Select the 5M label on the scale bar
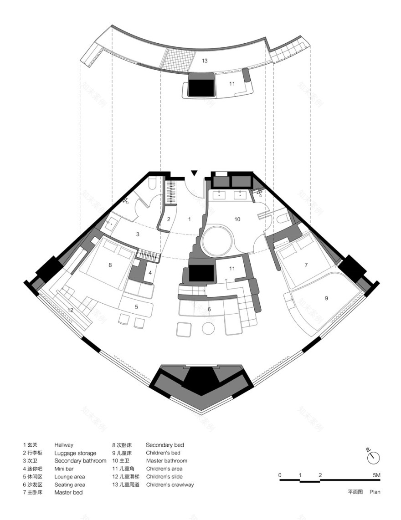click(x=376, y=475)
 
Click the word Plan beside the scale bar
click(x=375, y=492)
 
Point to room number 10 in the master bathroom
click(x=237, y=219)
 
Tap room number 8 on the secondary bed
click(x=110, y=264)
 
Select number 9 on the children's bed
click(x=326, y=298)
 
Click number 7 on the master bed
click(x=306, y=264)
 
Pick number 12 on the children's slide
click(x=70, y=310)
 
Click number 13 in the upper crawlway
click(x=205, y=61)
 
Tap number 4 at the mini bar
click(x=150, y=273)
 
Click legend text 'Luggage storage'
click(x=75, y=453)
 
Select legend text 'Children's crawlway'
click(x=170, y=484)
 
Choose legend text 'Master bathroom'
click(x=166, y=461)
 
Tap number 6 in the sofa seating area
click(x=209, y=310)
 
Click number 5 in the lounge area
click(x=136, y=307)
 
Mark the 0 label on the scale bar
click(x=280, y=475)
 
